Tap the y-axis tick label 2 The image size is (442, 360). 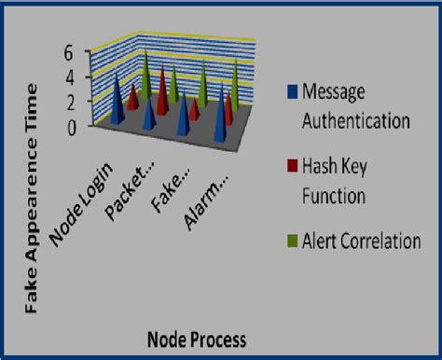coord(67,104)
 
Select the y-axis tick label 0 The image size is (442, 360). coord(67,129)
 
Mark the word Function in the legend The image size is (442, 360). coord(332,196)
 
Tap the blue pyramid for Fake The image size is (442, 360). coord(184,119)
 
